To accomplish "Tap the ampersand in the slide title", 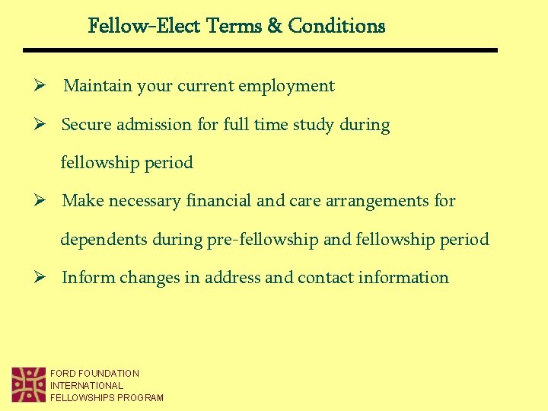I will click(274, 26).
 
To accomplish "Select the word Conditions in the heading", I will click(336, 26).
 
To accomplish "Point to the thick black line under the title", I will click(260, 50).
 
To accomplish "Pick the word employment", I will click(286, 86).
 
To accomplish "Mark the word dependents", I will click(104, 240).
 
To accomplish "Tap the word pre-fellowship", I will click(263, 240).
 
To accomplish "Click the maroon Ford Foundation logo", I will click(29, 384).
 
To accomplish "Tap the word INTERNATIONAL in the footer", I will click(87, 386).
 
